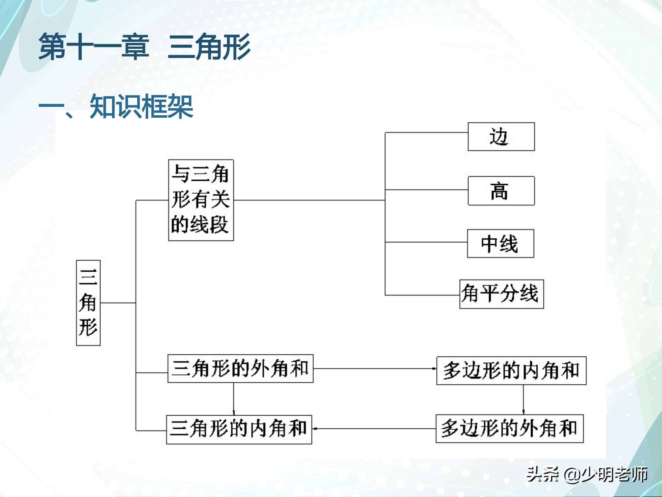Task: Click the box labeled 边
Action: [x=501, y=137]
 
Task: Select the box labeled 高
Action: [x=501, y=191]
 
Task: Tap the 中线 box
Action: [x=500, y=244]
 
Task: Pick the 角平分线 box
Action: [x=501, y=294]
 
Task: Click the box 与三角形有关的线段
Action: [x=201, y=200]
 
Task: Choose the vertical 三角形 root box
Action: [x=88, y=303]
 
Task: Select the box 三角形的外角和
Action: [x=240, y=369]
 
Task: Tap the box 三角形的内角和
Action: [x=239, y=429]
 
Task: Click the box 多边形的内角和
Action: [x=511, y=371]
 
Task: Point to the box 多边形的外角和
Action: [x=510, y=429]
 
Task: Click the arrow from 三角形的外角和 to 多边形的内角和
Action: [x=374, y=369]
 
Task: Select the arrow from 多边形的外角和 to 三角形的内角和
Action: [x=374, y=429]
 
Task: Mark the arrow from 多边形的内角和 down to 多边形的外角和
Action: [x=523, y=399]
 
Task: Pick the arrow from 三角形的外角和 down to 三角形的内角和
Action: [x=233, y=399]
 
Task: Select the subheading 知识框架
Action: [x=141, y=106]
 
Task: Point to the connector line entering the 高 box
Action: [x=426, y=190]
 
